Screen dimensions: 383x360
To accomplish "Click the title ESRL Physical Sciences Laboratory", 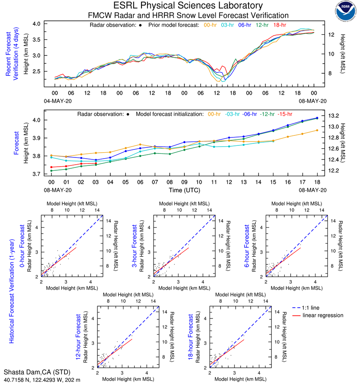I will [x=188, y=6].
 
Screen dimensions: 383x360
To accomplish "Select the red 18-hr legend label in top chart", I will [x=279, y=25].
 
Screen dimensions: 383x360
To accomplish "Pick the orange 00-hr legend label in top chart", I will [x=211, y=25].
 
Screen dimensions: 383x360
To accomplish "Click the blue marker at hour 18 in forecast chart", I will [x=317, y=118].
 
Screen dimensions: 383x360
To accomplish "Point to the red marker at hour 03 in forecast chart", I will [x=96, y=163].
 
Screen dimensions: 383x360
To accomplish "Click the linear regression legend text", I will [x=323, y=315].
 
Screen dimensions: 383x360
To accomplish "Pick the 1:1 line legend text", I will [x=311, y=308].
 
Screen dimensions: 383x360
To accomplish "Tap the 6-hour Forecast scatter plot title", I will [x=247, y=246].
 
